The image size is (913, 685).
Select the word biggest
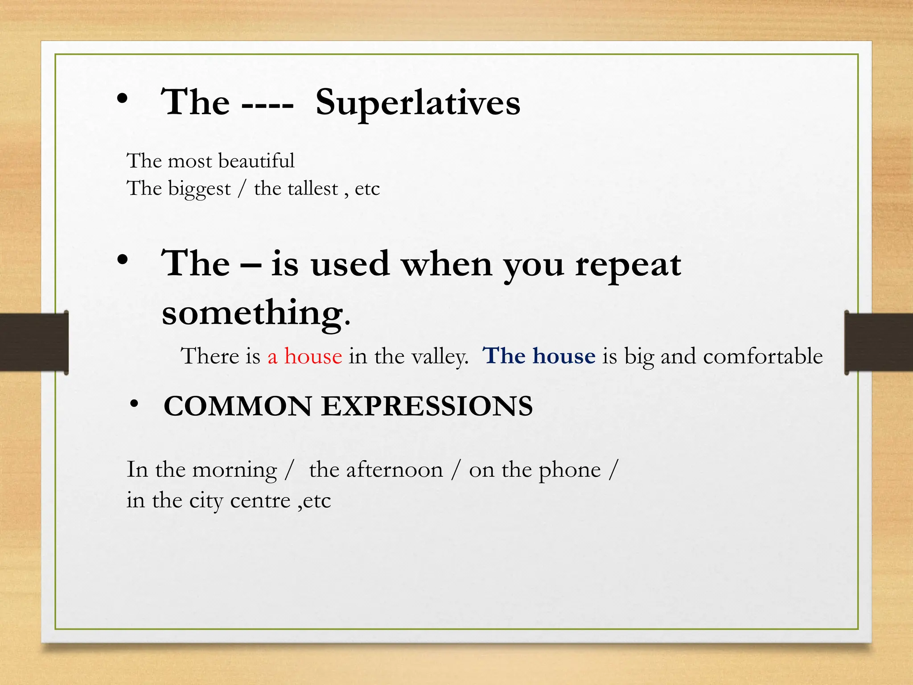coord(199,189)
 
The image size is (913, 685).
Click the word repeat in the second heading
coord(628,264)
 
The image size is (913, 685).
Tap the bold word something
coord(252,313)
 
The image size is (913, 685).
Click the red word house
coord(313,356)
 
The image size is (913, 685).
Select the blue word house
coord(564,356)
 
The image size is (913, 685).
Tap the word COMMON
coord(238,406)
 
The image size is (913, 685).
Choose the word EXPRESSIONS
coord(427,406)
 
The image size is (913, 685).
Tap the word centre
coord(260,500)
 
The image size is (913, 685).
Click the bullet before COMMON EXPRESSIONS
coord(134,404)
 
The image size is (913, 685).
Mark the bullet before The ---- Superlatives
coord(123,100)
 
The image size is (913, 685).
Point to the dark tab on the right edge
coord(879,342)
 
